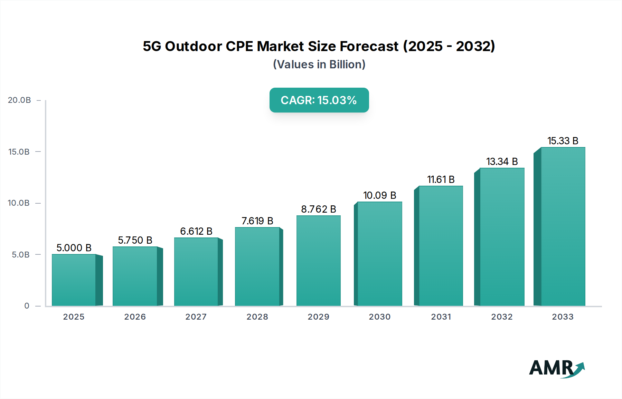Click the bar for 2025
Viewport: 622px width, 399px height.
pyautogui.click(x=74, y=280)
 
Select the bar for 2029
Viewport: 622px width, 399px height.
pyautogui.click(x=318, y=261)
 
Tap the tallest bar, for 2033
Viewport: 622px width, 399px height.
pyautogui.click(x=563, y=226)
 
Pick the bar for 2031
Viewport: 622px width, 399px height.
pyautogui.click(x=441, y=246)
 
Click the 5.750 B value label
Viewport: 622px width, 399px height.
pyautogui.click(x=135, y=240)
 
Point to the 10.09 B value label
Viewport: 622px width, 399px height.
pyautogui.click(x=379, y=195)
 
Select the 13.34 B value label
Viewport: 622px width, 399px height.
pyautogui.click(x=502, y=162)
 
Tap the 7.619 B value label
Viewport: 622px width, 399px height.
pyautogui.click(x=257, y=221)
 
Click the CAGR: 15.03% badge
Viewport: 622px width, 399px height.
pyautogui.click(x=319, y=100)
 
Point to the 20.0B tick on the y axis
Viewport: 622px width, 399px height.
pyautogui.click(x=19, y=100)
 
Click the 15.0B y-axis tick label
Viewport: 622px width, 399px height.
pyautogui.click(x=19, y=152)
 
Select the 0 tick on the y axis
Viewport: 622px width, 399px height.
pyautogui.click(x=27, y=306)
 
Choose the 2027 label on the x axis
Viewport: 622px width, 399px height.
pyautogui.click(x=196, y=317)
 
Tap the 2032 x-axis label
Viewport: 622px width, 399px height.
pyautogui.click(x=502, y=317)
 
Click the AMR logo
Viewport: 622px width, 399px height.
pyautogui.click(x=557, y=368)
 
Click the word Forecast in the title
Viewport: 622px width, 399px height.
pyautogui.click(x=369, y=46)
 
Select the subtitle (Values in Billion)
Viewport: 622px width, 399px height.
pyautogui.click(x=319, y=65)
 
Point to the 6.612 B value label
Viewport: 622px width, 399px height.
pyautogui.click(x=196, y=231)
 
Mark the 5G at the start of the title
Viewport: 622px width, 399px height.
pyautogui.click(x=152, y=46)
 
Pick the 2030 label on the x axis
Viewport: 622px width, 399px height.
pyautogui.click(x=379, y=317)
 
